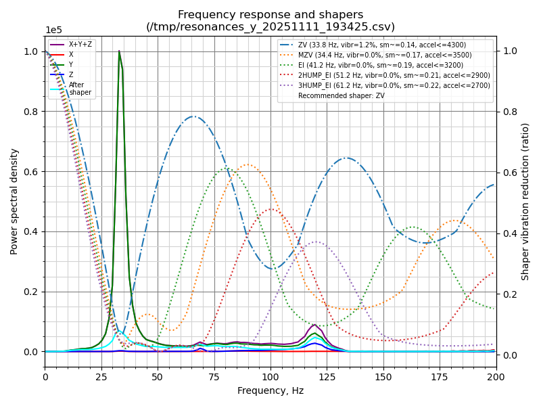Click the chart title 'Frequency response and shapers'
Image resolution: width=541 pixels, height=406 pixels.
tap(270, 15)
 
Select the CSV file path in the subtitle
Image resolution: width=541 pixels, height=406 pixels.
tap(270, 27)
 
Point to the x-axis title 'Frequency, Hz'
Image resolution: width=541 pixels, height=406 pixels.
tap(270, 391)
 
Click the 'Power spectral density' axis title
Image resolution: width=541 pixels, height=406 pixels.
tap(14, 202)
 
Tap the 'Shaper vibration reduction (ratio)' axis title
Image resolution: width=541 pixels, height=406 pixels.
tap(525, 202)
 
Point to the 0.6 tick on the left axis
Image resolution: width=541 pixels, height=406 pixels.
tap(30, 171)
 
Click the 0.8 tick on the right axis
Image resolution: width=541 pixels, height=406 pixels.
tap(509, 112)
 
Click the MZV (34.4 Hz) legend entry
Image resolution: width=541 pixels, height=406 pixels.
tap(385, 55)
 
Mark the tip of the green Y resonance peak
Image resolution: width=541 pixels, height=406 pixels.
tap(119, 51)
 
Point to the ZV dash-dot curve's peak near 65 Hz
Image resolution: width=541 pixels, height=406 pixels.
tap(194, 116)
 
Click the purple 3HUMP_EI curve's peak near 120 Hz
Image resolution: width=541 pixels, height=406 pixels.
tap(316, 242)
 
